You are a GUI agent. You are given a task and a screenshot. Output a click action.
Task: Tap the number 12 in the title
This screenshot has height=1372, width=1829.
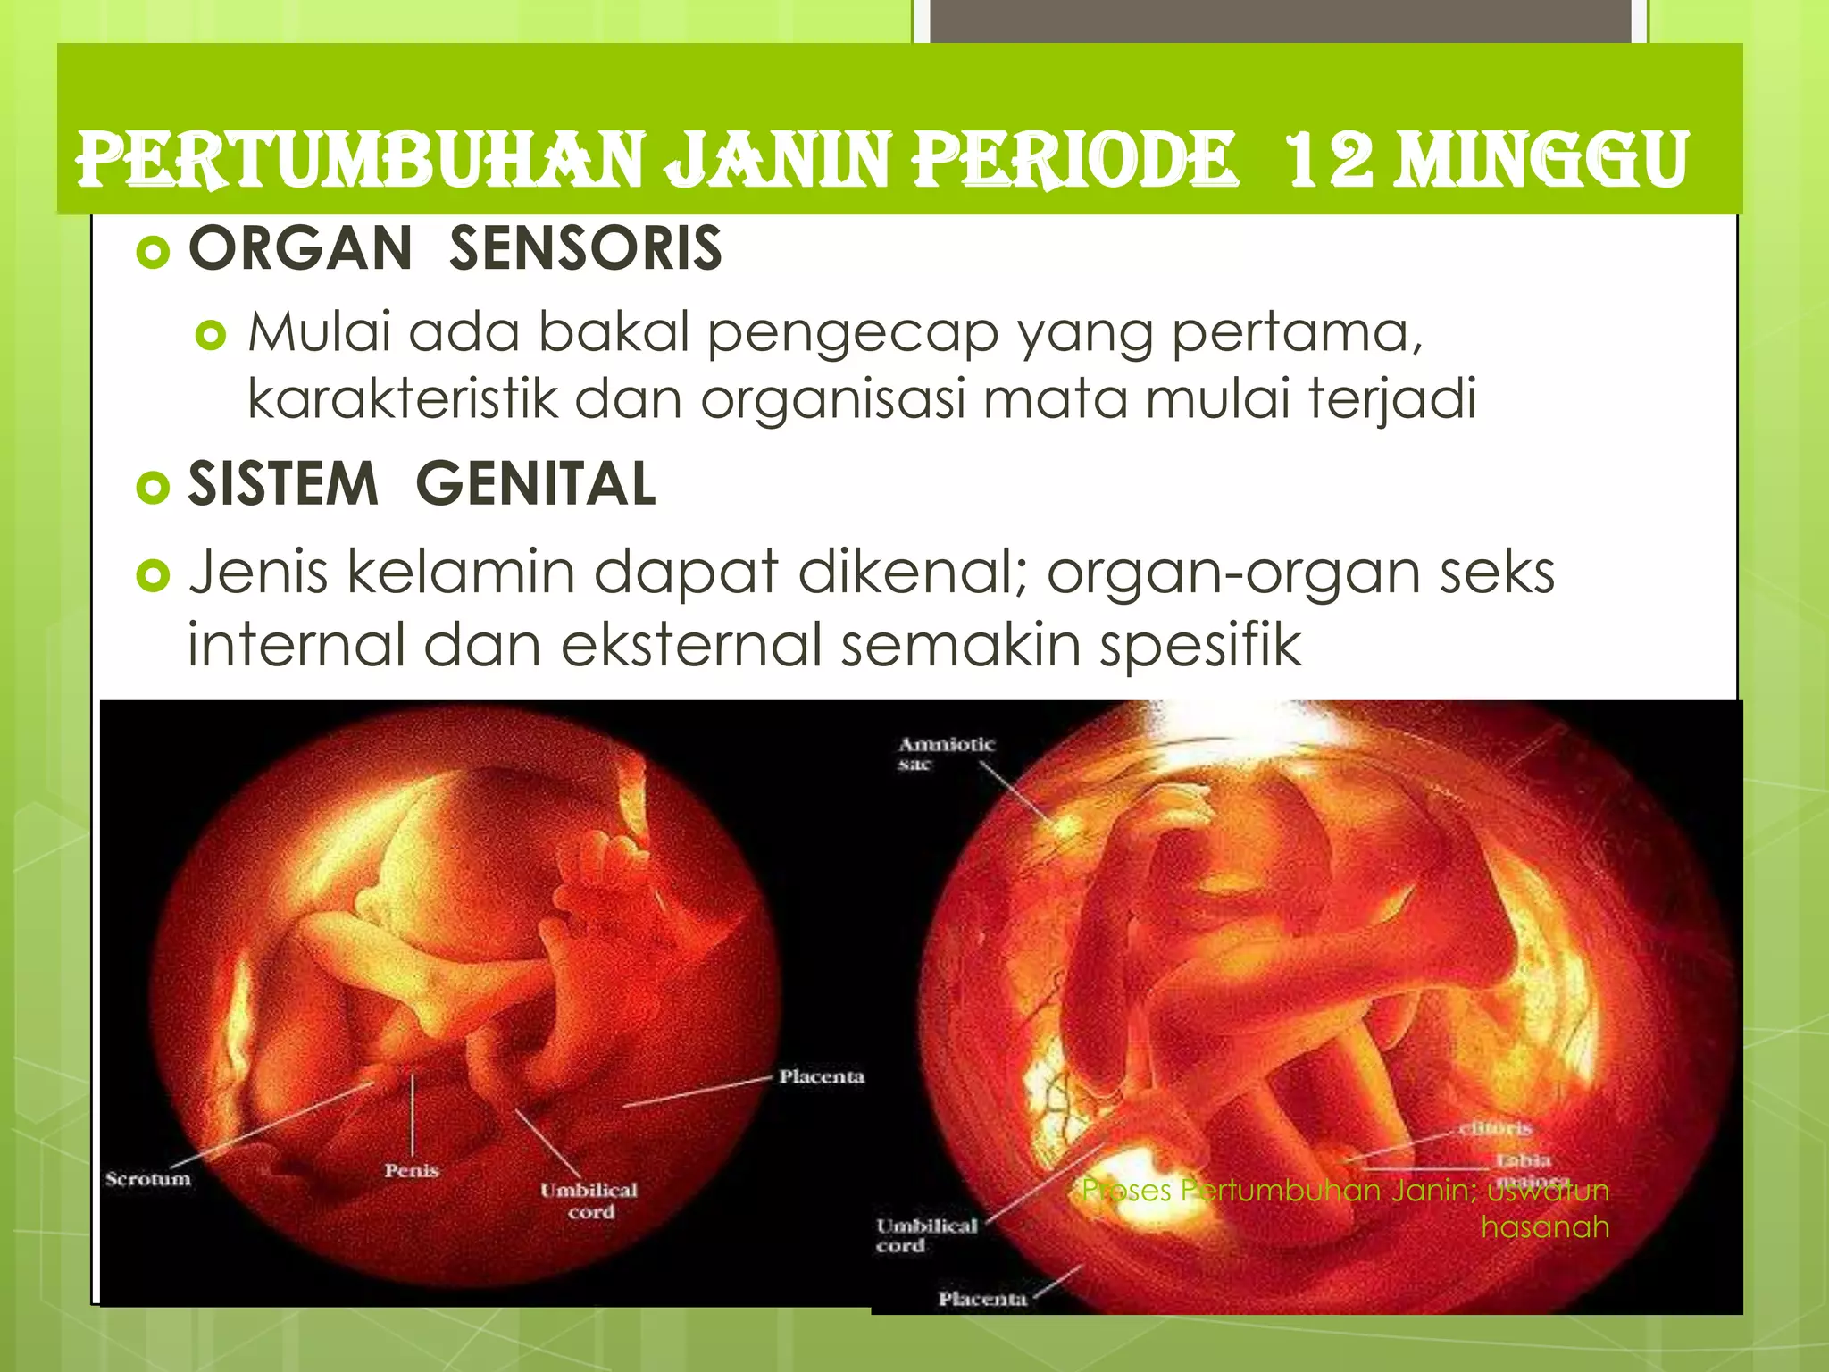pos(1329,161)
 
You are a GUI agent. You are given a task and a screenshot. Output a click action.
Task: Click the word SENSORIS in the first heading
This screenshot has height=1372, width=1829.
pos(585,248)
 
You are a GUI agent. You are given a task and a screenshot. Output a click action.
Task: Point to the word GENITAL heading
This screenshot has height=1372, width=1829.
pos(536,484)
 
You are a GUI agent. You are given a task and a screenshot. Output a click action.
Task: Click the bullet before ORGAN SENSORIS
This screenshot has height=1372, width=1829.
pos(153,253)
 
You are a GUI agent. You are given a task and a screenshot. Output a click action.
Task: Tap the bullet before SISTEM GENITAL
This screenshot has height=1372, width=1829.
pos(153,488)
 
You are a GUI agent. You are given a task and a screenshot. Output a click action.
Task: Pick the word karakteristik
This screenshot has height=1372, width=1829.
pos(402,398)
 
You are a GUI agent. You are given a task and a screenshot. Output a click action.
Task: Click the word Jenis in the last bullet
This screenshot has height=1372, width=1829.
pos(258,572)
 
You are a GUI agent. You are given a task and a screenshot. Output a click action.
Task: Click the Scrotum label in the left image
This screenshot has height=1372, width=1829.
pos(148,1179)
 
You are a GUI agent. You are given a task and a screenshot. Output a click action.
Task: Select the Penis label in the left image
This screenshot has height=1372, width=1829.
pos(412,1170)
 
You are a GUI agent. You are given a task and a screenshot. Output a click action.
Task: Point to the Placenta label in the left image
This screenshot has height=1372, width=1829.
pos(822,1076)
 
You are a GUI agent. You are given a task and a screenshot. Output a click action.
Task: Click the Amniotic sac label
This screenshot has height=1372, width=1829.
pos(945,753)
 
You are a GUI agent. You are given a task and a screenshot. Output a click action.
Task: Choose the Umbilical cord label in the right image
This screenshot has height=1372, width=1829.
pos(926,1235)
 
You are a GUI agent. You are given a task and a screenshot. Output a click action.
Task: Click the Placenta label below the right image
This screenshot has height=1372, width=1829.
pos(982,1299)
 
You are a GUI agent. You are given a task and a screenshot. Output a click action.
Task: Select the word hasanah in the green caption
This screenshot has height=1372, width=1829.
pos(1545,1227)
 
